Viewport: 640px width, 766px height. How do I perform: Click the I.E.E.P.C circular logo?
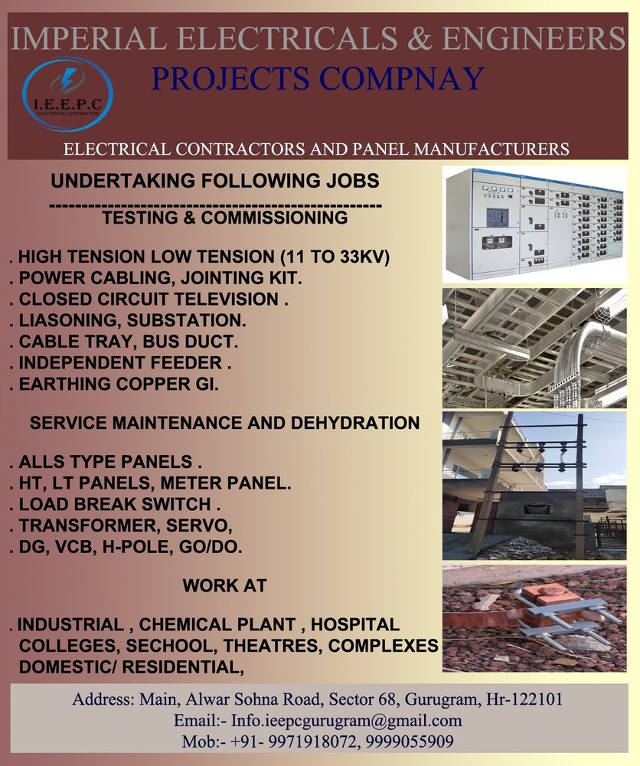tap(68, 94)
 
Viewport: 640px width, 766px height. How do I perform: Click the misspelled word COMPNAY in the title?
tap(401, 79)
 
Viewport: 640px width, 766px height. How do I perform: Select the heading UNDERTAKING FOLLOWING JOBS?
tap(215, 181)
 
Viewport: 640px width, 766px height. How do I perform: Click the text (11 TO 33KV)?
tap(335, 257)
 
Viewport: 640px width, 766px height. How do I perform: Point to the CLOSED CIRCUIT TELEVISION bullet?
tap(149, 299)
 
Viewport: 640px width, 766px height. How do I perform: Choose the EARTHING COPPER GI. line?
tap(114, 384)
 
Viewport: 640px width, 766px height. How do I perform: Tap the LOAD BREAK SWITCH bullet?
tap(115, 504)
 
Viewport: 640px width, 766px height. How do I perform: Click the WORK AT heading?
tap(224, 586)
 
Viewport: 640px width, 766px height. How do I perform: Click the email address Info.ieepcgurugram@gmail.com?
tap(347, 721)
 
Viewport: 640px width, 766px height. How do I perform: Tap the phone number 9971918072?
tap(312, 741)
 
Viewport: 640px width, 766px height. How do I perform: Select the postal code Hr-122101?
tap(524, 699)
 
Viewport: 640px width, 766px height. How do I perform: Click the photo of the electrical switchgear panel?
tap(534, 224)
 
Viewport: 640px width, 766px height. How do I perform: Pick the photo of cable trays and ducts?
tap(534, 348)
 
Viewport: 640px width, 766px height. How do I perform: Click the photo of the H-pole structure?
tap(534, 486)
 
